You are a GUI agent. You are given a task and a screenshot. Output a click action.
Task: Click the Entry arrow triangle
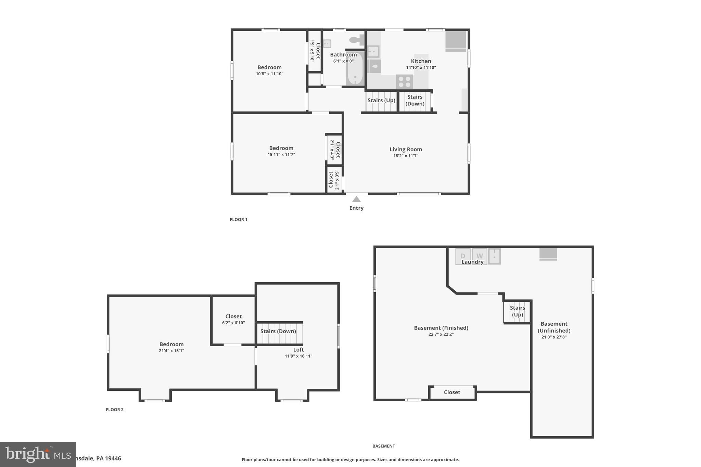356,199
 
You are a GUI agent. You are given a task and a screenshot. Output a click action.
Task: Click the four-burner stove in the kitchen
404,82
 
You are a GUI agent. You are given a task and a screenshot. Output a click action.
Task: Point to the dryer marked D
463,256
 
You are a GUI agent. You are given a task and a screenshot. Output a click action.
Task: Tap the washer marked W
480,256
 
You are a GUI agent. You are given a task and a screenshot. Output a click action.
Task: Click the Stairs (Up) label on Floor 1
381,100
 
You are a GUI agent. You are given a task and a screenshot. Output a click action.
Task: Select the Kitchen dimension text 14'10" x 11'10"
421,67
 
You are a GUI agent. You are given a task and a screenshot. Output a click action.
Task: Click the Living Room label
406,149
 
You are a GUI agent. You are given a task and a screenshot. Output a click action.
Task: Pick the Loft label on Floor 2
298,350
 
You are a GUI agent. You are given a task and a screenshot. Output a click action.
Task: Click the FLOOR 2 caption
115,410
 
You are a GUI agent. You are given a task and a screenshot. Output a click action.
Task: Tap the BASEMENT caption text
384,446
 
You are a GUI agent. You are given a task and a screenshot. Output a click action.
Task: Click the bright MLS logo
38,454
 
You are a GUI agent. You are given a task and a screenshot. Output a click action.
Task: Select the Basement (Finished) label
441,328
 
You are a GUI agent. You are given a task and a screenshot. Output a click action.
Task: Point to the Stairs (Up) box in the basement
517,311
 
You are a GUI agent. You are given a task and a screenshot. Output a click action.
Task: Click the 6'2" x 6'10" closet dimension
233,323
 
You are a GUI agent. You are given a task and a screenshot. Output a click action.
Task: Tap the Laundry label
472,262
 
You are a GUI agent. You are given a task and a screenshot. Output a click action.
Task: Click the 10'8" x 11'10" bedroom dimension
269,74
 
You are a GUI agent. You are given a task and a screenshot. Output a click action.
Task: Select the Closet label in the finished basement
452,392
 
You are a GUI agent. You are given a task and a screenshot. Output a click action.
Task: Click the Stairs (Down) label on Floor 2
278,331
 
